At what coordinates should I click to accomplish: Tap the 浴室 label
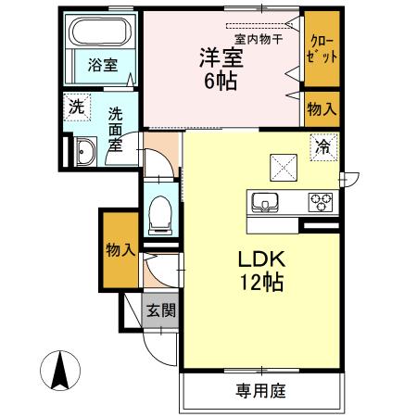[102, 67]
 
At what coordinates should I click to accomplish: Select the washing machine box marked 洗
[77, 107]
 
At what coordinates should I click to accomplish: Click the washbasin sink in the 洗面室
[85, 152]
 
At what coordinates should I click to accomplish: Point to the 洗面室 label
[116, 130]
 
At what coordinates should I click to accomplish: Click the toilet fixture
[161, 215]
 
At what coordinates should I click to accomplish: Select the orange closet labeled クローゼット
[321, 48]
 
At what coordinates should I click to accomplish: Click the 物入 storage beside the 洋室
[322, 108]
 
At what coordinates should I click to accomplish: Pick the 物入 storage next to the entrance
[120, 249]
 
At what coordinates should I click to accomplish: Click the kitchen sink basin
[264, 201]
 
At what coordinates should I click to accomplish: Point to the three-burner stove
[322, 200]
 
